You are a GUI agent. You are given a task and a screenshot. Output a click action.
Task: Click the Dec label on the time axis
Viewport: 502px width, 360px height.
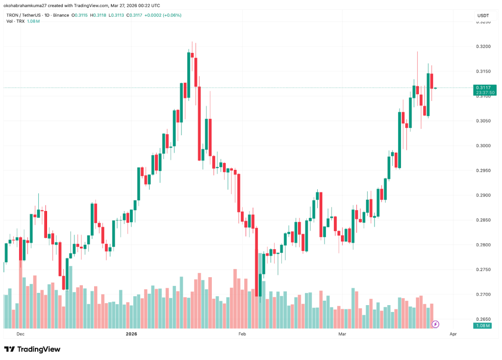tap(20, 334)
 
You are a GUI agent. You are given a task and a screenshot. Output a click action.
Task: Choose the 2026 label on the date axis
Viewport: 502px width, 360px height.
tap(131, 334)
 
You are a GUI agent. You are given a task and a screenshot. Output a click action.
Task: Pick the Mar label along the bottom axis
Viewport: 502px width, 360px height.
tap(342, 334)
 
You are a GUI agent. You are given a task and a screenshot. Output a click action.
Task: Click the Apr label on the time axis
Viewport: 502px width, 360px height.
tap(453, 334)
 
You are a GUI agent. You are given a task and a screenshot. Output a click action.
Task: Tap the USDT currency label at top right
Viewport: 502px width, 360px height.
tap(483, 16)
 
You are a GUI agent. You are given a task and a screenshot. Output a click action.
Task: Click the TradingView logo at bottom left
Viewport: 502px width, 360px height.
tap(32, 349)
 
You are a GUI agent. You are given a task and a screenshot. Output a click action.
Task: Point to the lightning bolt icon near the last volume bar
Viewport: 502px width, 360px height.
tap(435, 324)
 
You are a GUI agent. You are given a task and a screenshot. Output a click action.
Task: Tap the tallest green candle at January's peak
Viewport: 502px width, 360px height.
tap(189, 75)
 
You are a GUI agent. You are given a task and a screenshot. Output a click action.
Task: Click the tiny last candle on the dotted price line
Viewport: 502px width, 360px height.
tap(435, 88)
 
